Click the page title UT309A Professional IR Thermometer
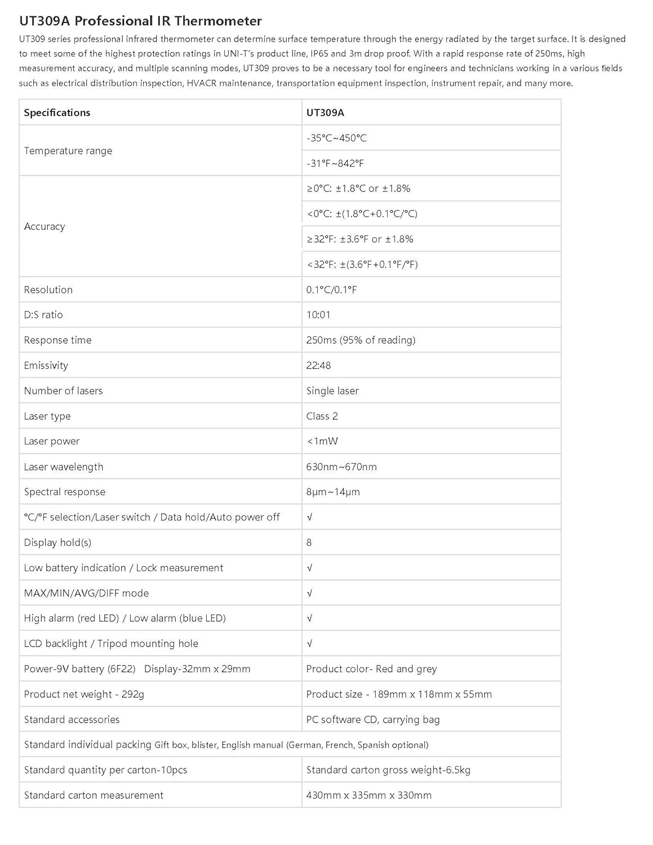140,21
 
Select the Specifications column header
57,113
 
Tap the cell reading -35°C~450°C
336,138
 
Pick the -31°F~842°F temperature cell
335,163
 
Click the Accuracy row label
45,226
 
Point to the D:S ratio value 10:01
318,315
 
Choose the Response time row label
57,340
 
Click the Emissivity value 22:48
318,366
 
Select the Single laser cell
332,391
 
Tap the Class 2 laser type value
322,416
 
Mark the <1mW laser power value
322,441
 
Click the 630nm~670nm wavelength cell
341,467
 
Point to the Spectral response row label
65,492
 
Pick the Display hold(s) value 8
309,542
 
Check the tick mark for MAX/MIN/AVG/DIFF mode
309,593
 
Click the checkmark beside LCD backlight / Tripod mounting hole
309,643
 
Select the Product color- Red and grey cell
371,669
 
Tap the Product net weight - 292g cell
84,694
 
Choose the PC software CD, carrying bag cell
373,719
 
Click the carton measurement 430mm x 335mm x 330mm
369,795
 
